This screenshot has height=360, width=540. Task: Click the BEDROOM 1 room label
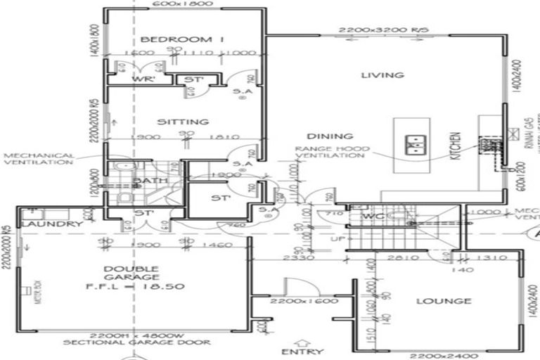click(x=181, y=39)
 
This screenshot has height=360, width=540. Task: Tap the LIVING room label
click(x=382, y=75)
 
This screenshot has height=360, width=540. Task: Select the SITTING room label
click(x=183, y=122)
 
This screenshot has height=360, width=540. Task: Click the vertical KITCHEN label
click(x=455, y=146)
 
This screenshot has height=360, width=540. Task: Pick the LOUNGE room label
click(x=443, y=301)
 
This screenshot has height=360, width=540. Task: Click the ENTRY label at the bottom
click(x=302, y=351)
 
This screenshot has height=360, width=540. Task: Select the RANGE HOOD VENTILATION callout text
click(x=329, y=152)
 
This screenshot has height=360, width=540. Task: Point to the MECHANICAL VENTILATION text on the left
click(x=39, y=159)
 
